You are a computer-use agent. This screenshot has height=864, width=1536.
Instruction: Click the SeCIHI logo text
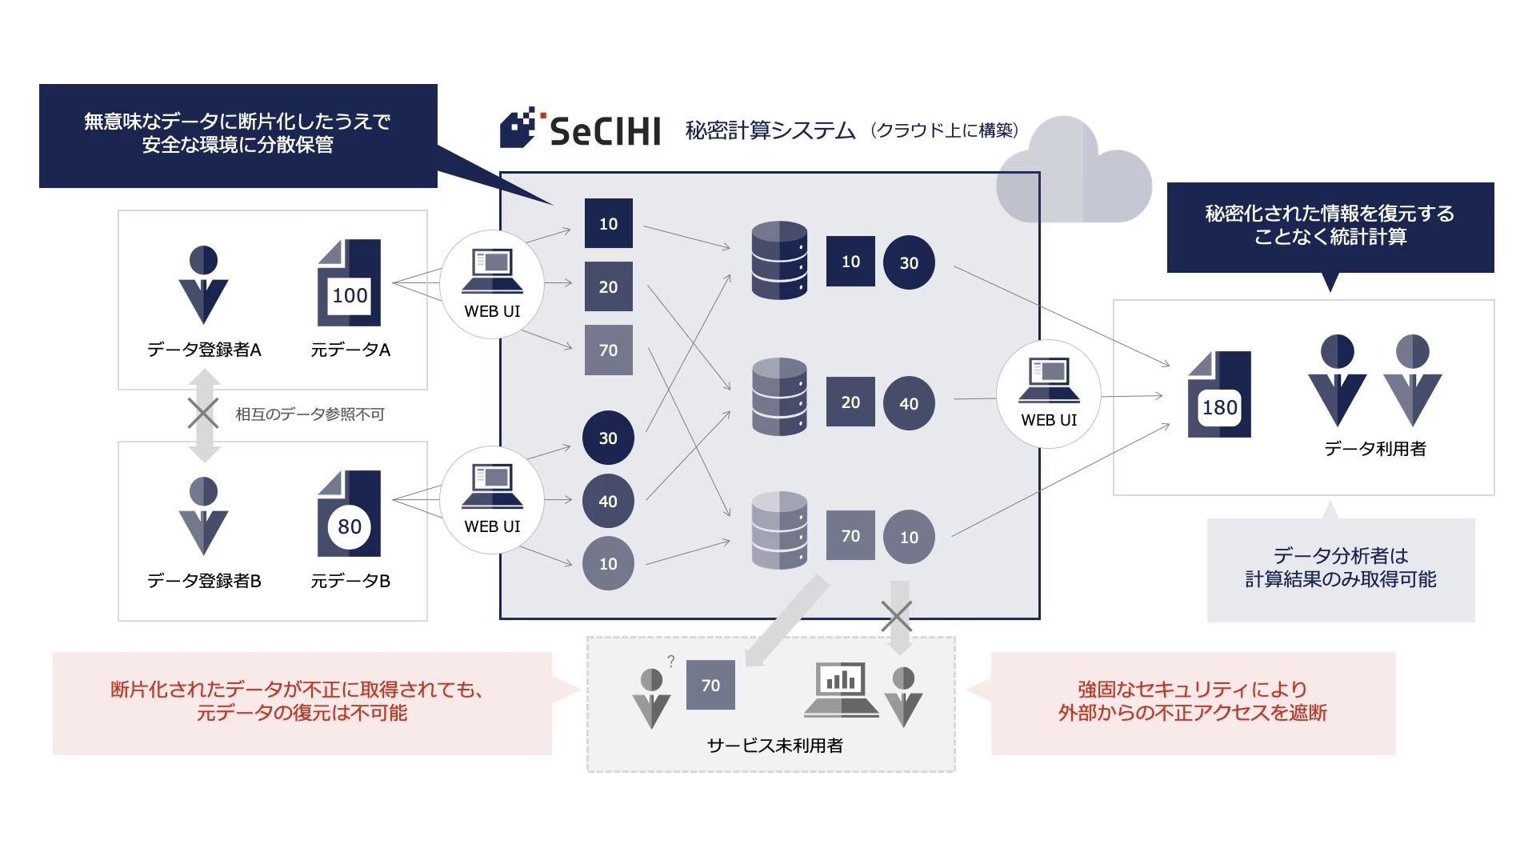tap(604, 131)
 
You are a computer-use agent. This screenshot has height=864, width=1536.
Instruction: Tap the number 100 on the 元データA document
tap(350, 295)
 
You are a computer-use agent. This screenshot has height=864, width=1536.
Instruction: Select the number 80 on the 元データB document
tap(350, 526)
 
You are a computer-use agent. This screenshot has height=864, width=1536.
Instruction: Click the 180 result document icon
tap(1219, 395)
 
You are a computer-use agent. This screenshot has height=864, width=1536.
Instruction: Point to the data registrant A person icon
tap(203, 284)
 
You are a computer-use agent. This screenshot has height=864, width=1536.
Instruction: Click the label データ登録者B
tap(204, 581)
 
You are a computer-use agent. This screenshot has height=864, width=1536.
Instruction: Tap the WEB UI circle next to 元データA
tap(492, 284)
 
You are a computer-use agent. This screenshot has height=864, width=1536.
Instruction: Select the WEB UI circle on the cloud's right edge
tap(1049, 394)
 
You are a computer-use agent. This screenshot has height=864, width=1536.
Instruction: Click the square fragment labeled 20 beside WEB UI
tap(608, 286)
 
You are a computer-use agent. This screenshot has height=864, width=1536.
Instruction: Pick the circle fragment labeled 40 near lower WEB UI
tap(608, 501)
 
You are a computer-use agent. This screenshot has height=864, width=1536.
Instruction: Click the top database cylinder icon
tap(779, 261)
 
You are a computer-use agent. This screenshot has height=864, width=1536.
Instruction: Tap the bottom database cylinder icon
tap(779, 530)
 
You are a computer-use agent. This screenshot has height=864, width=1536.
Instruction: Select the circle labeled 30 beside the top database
tap(909, 262)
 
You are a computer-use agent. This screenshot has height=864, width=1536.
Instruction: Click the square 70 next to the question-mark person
tap(710, 685)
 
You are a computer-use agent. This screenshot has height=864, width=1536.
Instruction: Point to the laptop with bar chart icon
tap(841, 690)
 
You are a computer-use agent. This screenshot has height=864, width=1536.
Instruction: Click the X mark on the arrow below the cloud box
tap(896, 617)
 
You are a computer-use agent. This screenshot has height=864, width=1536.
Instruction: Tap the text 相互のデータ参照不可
tap(310, 414)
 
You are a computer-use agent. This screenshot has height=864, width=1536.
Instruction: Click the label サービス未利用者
tap(774, 746)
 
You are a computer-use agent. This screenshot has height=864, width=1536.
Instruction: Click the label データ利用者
tap(1374, 449)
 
